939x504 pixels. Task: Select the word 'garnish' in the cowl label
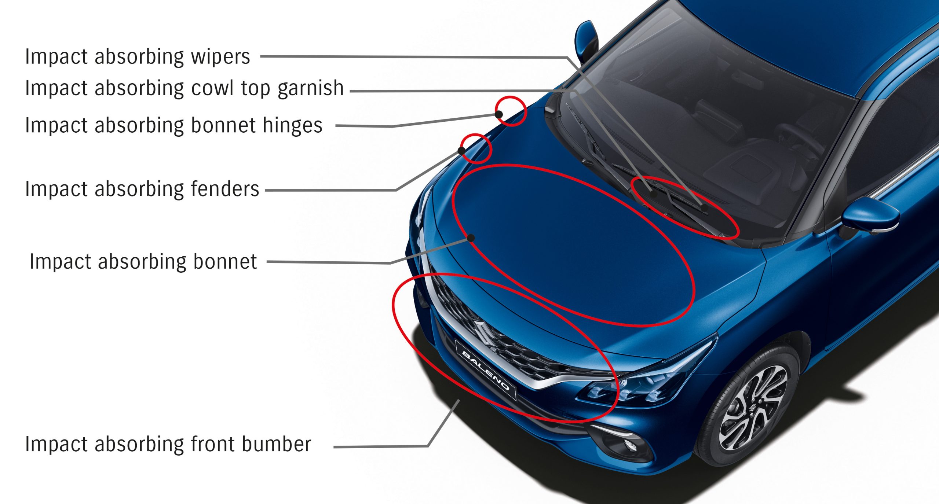[310, 88]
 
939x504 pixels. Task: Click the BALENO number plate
[486, 370]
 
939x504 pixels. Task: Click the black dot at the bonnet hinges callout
[499, 114]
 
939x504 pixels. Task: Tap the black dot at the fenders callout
[461, 151]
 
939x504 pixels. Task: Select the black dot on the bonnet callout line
[471, 238]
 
